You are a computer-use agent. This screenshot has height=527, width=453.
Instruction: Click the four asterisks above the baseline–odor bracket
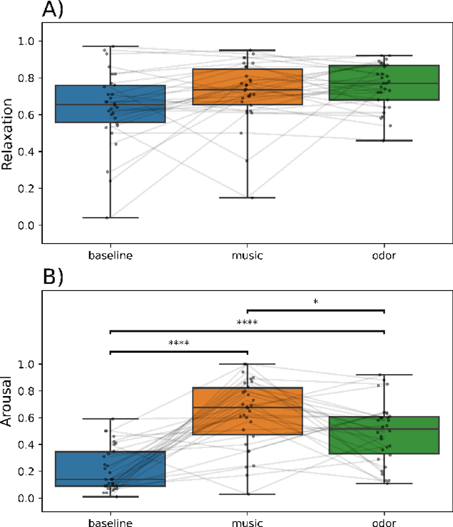tap(247, 323)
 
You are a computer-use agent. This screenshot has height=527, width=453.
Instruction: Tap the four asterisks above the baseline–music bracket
tap(179, 344)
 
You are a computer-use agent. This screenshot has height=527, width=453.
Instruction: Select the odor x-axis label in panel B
tap(384, 522)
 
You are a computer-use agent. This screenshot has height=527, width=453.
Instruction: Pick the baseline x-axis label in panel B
tap(110, 522)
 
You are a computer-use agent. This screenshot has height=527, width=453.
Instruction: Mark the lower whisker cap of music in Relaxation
tap(248, 198)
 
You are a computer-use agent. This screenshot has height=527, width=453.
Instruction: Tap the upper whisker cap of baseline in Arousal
tap(110, 418)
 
